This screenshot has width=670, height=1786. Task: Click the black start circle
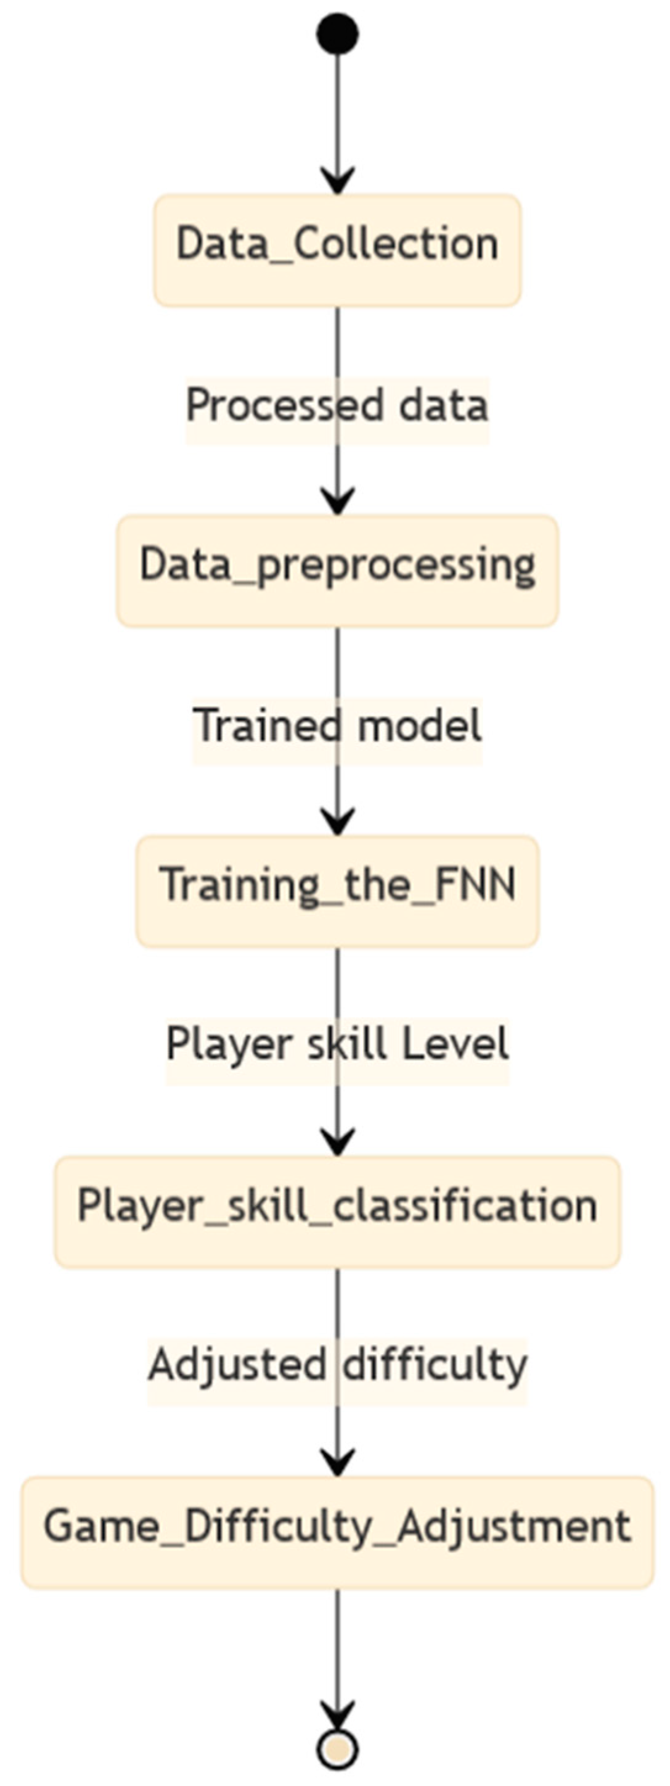[337, 34]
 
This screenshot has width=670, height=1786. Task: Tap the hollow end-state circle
[337, 1749]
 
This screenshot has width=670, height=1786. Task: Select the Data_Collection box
[337, 250]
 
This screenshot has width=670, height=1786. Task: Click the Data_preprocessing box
[337, 571]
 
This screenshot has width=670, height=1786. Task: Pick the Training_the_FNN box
[337, 891]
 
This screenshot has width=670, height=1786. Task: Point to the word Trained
[267, 727]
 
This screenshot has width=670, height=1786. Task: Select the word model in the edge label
[420, 727]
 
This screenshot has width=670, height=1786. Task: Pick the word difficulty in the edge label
[435, 1365]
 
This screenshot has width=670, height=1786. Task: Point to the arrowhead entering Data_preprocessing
[337, 503]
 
